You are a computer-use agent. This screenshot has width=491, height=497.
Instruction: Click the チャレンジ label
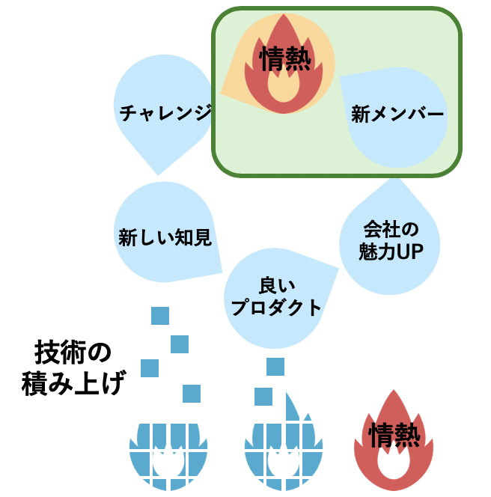tap(165, 112)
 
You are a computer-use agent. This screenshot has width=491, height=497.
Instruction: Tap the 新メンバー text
tap(397, 114)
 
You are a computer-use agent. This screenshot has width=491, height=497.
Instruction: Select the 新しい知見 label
tap(165, 237)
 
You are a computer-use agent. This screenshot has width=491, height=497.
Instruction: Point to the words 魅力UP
tap(391, 251)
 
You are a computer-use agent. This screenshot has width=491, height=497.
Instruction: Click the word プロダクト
tap(276, 307)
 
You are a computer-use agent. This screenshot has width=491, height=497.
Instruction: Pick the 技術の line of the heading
tap(73, 352)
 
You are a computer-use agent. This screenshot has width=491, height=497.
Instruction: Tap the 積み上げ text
tap(73, 383)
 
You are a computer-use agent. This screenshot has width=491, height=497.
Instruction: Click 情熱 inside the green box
tap(284, 59)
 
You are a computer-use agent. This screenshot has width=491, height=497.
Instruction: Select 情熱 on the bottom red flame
tap(394, 435)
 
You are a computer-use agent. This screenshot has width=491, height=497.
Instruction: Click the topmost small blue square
tap(160, 316)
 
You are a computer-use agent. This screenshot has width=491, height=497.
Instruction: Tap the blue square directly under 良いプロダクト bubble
tap(275, 367)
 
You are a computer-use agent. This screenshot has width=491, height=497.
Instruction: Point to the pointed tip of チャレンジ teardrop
tap(158, 175)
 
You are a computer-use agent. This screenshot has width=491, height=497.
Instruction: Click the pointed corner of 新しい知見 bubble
tap(222, 272)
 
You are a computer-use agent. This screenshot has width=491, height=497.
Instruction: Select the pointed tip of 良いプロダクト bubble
tap(338, 269)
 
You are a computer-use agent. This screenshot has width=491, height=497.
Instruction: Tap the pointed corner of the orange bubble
tap(221, 94)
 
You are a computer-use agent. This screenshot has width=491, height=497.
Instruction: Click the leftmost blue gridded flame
tap(168, 457)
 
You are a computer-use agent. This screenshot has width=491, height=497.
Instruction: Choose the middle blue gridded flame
tap(284, 450)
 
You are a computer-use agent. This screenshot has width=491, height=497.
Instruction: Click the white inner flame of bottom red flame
tap(393, 463)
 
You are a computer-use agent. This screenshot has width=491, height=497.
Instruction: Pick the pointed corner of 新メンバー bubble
tap(340, 76)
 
